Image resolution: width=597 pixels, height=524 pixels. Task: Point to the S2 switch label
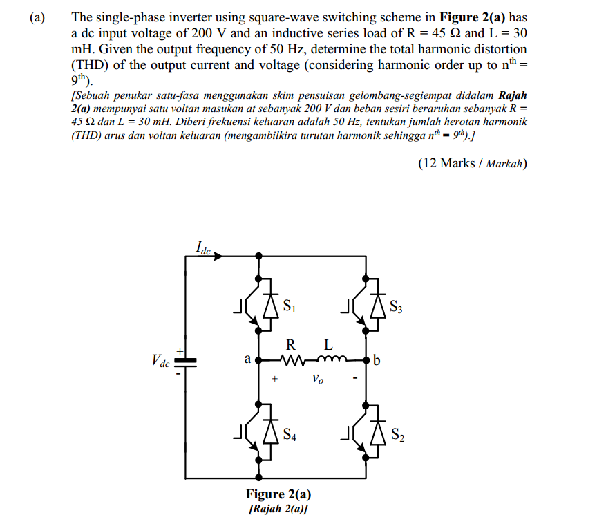(x=396, y=435)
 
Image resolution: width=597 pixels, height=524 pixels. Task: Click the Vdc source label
(x=160, y=361)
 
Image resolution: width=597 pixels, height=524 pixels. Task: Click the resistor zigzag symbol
(x=292, y=360)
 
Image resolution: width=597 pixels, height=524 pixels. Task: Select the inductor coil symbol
(x=330, y=359)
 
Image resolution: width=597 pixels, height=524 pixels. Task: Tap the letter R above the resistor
(x=291, y=344)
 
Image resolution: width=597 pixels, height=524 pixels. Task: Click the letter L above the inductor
(x=328, y=344)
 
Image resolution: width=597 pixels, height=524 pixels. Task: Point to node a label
(x=247, y=359)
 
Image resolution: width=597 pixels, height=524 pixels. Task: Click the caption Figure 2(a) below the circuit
(x=278, y=494)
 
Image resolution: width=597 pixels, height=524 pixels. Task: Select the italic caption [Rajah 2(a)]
(x=278, y=509)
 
